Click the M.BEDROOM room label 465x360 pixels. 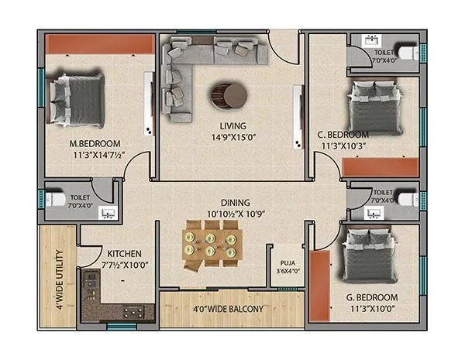pyautogui.click(x=95, y=144)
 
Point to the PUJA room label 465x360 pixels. pyautogui.click(x=287, y=262)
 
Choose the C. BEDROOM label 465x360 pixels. pyautogui.click(x=343, y=134)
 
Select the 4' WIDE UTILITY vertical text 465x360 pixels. pyautogui.click(x=59, y=277)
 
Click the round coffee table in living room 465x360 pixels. pyautogui.click(x=229, y=96)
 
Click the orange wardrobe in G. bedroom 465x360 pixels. pyautogui.click(x=318, y=286)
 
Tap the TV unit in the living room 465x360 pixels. pyautogui.click(x=298, y=115)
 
